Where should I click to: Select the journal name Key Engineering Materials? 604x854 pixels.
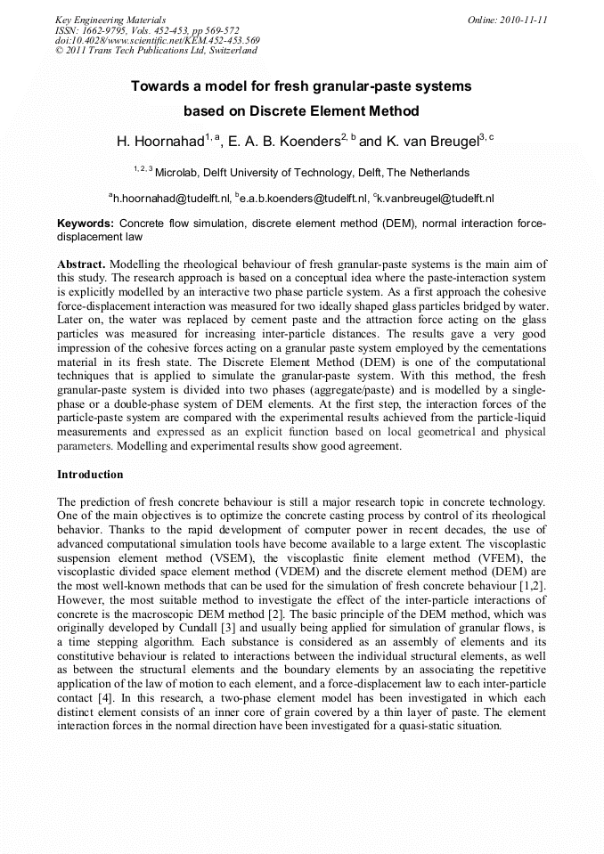point(110,19)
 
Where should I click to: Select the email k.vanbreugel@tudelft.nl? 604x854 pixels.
point(433,198)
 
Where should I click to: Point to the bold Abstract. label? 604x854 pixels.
point(82,265)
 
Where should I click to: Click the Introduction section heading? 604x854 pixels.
point(90,475)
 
